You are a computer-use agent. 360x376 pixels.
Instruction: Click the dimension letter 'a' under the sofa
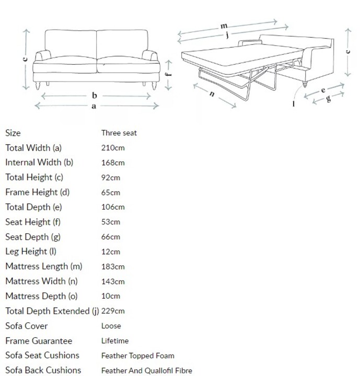[x=94, y=106]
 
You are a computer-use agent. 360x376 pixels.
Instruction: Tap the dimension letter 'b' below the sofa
[x=95, y=96]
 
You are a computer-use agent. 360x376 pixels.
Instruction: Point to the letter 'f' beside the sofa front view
[x=169, y=74]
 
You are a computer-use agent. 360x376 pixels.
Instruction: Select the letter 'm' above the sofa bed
[x=224, y=26]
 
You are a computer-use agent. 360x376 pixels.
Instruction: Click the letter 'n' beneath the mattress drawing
[x=212, y=94]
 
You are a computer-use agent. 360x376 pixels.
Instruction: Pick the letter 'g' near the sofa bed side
[x=328, y=98]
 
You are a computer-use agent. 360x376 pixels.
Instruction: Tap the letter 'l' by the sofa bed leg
[x=293, y=104]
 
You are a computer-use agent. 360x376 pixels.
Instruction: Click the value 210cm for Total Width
[x=113, y=148]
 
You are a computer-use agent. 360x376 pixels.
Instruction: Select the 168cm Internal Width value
[x=113, y=162]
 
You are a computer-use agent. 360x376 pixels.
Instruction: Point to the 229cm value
[x=113, y=311]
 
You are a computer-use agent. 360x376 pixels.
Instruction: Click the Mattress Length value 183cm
[x=113, y=266]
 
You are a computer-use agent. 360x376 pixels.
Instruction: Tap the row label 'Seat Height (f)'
[x=33, y=222]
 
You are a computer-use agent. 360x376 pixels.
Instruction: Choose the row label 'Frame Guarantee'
[x=39, y=340]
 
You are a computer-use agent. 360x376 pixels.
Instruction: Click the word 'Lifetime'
[x=115, y=340]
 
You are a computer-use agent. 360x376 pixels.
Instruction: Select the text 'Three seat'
[x=119, y=133]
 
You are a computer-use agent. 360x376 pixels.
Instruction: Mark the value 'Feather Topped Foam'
[x=138, y=356]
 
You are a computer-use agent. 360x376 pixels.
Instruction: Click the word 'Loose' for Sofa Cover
[x=111, y=326]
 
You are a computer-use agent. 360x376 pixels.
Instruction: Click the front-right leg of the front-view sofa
[x=154, y=86]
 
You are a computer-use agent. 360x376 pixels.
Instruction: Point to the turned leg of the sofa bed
[x=305, y=85]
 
